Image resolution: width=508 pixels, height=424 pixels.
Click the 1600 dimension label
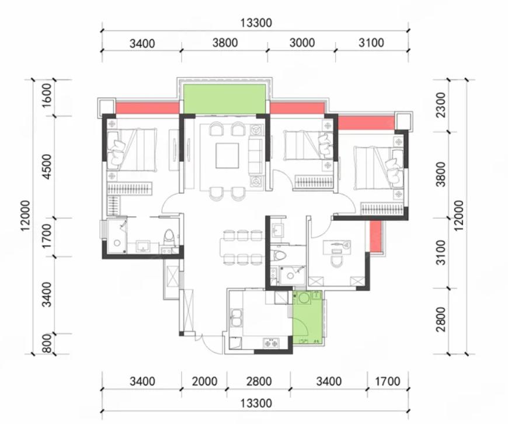tap(46, 96)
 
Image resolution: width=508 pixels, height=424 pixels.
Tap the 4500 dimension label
tap(46, 166)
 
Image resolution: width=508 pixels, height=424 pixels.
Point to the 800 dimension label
tap(46, 343)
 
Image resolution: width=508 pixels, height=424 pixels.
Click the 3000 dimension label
tap(302, 43)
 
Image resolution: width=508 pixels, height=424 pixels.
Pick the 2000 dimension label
tap(205, 381)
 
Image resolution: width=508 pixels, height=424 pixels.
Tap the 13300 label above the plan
tap(256, 23)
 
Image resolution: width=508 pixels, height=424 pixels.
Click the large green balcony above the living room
tap(225, 99)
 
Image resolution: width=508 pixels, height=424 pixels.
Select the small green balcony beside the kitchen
tap(307, 318)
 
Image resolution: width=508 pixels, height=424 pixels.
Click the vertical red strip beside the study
tap(375, 236)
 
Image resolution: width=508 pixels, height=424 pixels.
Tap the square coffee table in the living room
tap(228, 155)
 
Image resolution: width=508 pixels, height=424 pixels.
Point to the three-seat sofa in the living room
tap(256, 157)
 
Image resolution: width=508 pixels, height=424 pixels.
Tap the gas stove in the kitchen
tap(271, 342)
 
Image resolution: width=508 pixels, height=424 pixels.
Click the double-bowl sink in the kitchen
tap(236, 318)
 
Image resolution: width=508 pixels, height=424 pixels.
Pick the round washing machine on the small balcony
tap(304, 298)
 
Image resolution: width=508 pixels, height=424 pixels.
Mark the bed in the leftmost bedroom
tap(132, 150)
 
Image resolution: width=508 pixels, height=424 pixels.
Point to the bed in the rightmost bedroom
tap(379, 168)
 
